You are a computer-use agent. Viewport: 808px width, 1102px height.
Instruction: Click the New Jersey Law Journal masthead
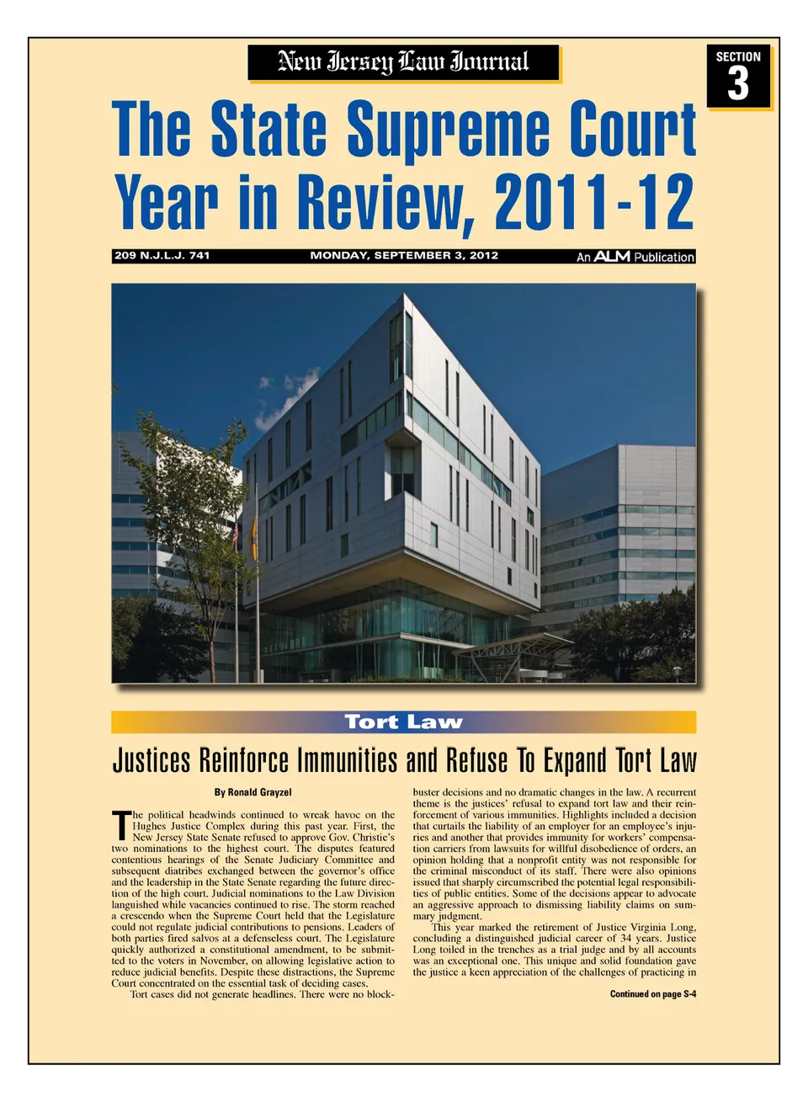(403, 62)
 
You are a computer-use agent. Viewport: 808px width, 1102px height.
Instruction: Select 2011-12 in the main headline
(594, 202)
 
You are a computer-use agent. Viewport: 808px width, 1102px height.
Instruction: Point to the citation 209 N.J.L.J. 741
(162, 255)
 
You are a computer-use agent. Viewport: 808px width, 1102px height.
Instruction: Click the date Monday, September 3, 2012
(404, 255)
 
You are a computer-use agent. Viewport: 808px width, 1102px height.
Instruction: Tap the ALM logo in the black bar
(612, 256)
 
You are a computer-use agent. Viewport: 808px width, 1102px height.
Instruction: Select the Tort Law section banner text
(404, 722)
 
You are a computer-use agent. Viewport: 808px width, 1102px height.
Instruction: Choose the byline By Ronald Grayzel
(252, 792)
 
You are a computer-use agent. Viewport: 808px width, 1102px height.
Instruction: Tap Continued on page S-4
(653, 994)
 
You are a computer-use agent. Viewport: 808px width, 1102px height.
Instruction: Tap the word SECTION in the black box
(738, 57)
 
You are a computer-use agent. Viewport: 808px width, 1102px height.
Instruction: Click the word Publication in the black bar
(664, 257)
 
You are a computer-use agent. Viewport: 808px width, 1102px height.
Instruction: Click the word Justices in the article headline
(151, 760)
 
